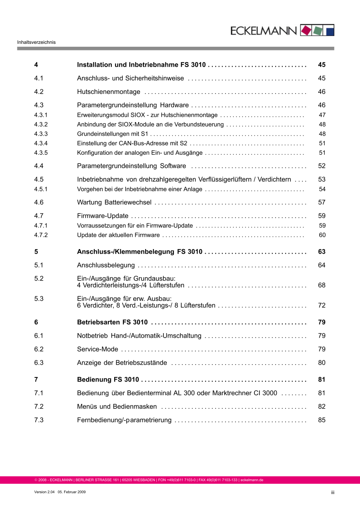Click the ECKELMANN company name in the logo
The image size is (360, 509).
(264, 31)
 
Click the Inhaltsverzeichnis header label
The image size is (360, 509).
(36, 42)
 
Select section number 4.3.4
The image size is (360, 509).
(41, 143)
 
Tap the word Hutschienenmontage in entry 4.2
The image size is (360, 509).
(108, 91)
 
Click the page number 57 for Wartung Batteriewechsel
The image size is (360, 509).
(322, 202)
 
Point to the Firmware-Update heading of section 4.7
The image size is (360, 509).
(103, 216)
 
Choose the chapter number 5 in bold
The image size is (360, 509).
(36, 252)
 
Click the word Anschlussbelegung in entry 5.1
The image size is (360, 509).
(106, 265)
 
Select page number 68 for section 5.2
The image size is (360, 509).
(322, 285)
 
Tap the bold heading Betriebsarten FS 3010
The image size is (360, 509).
(112, 322)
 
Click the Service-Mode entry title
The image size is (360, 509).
(98, 349)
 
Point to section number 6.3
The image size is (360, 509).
(39, 363)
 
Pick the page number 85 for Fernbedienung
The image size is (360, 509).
(322, 420)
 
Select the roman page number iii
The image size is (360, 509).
(332, 492)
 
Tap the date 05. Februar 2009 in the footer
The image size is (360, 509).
(72, 492)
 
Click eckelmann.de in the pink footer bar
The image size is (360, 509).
(252, 480)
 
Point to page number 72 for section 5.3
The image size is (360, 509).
(322, 305)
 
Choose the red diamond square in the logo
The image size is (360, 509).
(306, 30)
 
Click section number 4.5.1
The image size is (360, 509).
(41, 189)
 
